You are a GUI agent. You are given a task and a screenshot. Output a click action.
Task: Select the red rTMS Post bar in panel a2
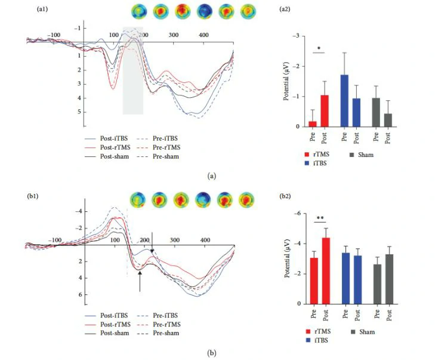point(325,111)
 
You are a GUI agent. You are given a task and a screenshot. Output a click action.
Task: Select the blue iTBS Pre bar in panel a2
point(344,101)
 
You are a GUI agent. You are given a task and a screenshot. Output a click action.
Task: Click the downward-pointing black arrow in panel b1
point(152,239)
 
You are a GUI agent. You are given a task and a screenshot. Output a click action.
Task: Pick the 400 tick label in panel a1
point(203,36)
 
